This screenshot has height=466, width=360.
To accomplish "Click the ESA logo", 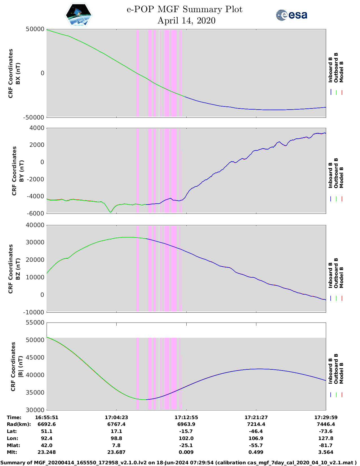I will coord(291,15).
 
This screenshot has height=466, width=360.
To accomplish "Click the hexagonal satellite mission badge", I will coord(79,15).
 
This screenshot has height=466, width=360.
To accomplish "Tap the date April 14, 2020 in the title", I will coord(186,21).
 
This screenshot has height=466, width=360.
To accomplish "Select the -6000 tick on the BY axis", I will coord(36,214).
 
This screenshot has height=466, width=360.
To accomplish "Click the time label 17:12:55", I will coord(186,417).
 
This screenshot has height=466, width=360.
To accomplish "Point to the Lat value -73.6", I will coord(326,431).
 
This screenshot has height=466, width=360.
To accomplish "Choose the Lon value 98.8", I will coord(116,438).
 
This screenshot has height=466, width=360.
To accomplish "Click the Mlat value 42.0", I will coord(47,445).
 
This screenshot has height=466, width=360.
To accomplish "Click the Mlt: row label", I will coord(12,452).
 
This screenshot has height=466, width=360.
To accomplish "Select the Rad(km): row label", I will coord(19,424).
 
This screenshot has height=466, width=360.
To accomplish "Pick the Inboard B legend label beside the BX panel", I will coord(330,70).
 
